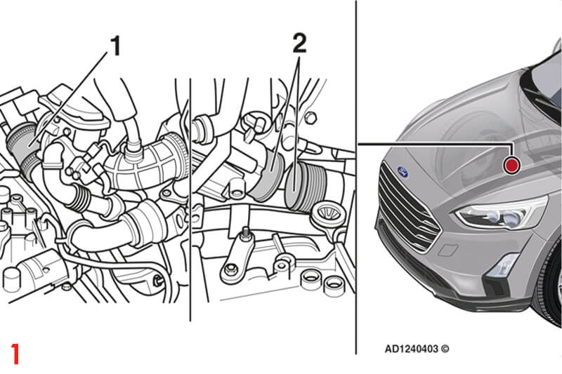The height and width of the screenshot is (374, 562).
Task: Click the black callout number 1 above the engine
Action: click(115, 46)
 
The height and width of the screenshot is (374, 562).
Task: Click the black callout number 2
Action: click(300, 43)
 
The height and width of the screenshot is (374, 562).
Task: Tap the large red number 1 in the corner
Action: click(15, 354)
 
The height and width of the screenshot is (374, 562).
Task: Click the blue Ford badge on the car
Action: click(403, 172)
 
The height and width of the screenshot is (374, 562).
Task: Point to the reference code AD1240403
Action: click(412, 349)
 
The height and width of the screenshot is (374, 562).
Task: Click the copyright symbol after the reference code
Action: click(445, 349)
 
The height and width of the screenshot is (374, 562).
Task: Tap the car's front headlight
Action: click(501, 213)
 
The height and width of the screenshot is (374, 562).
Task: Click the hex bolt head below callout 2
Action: click(311, 118)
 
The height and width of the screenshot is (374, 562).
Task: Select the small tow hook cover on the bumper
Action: click(447, 250)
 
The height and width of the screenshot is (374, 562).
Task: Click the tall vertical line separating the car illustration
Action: click(356, 177)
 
